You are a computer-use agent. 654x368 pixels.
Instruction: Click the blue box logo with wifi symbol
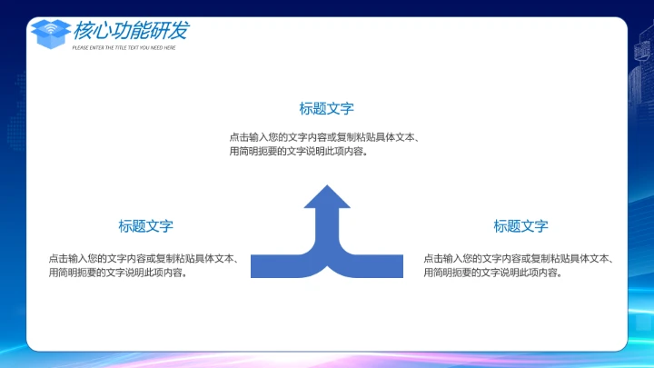(x=51, y=33)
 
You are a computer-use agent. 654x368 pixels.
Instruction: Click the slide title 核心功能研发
(x=131, y=30)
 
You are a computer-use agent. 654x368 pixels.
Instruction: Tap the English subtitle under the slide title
(x=124, y=47)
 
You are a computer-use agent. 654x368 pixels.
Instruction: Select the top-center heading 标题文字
(x=327, y=108)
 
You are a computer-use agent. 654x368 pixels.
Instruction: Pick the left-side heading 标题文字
(x=145, y=226)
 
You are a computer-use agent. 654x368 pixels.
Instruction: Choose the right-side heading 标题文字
(x=521, y=226)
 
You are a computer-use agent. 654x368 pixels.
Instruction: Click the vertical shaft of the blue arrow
(x=327, y=227)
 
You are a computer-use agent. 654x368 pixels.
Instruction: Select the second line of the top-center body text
(x=299, y=152)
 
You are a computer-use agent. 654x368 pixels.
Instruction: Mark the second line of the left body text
(x=118, y=273)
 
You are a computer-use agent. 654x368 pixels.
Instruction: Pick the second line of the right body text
(x=493, y=273)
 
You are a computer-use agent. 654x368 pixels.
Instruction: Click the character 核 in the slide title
(x=83, y=30)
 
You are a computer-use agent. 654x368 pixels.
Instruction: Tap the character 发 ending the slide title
(x=179, y=30)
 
